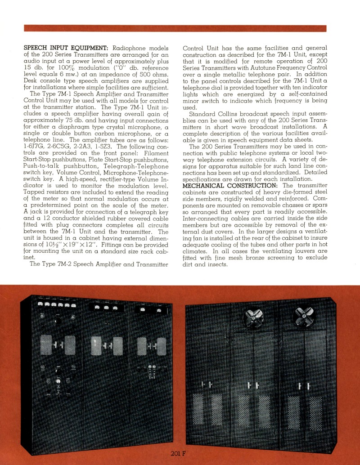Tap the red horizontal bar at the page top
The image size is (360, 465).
tap(175, 28)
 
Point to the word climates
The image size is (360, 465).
tap(196, 251)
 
